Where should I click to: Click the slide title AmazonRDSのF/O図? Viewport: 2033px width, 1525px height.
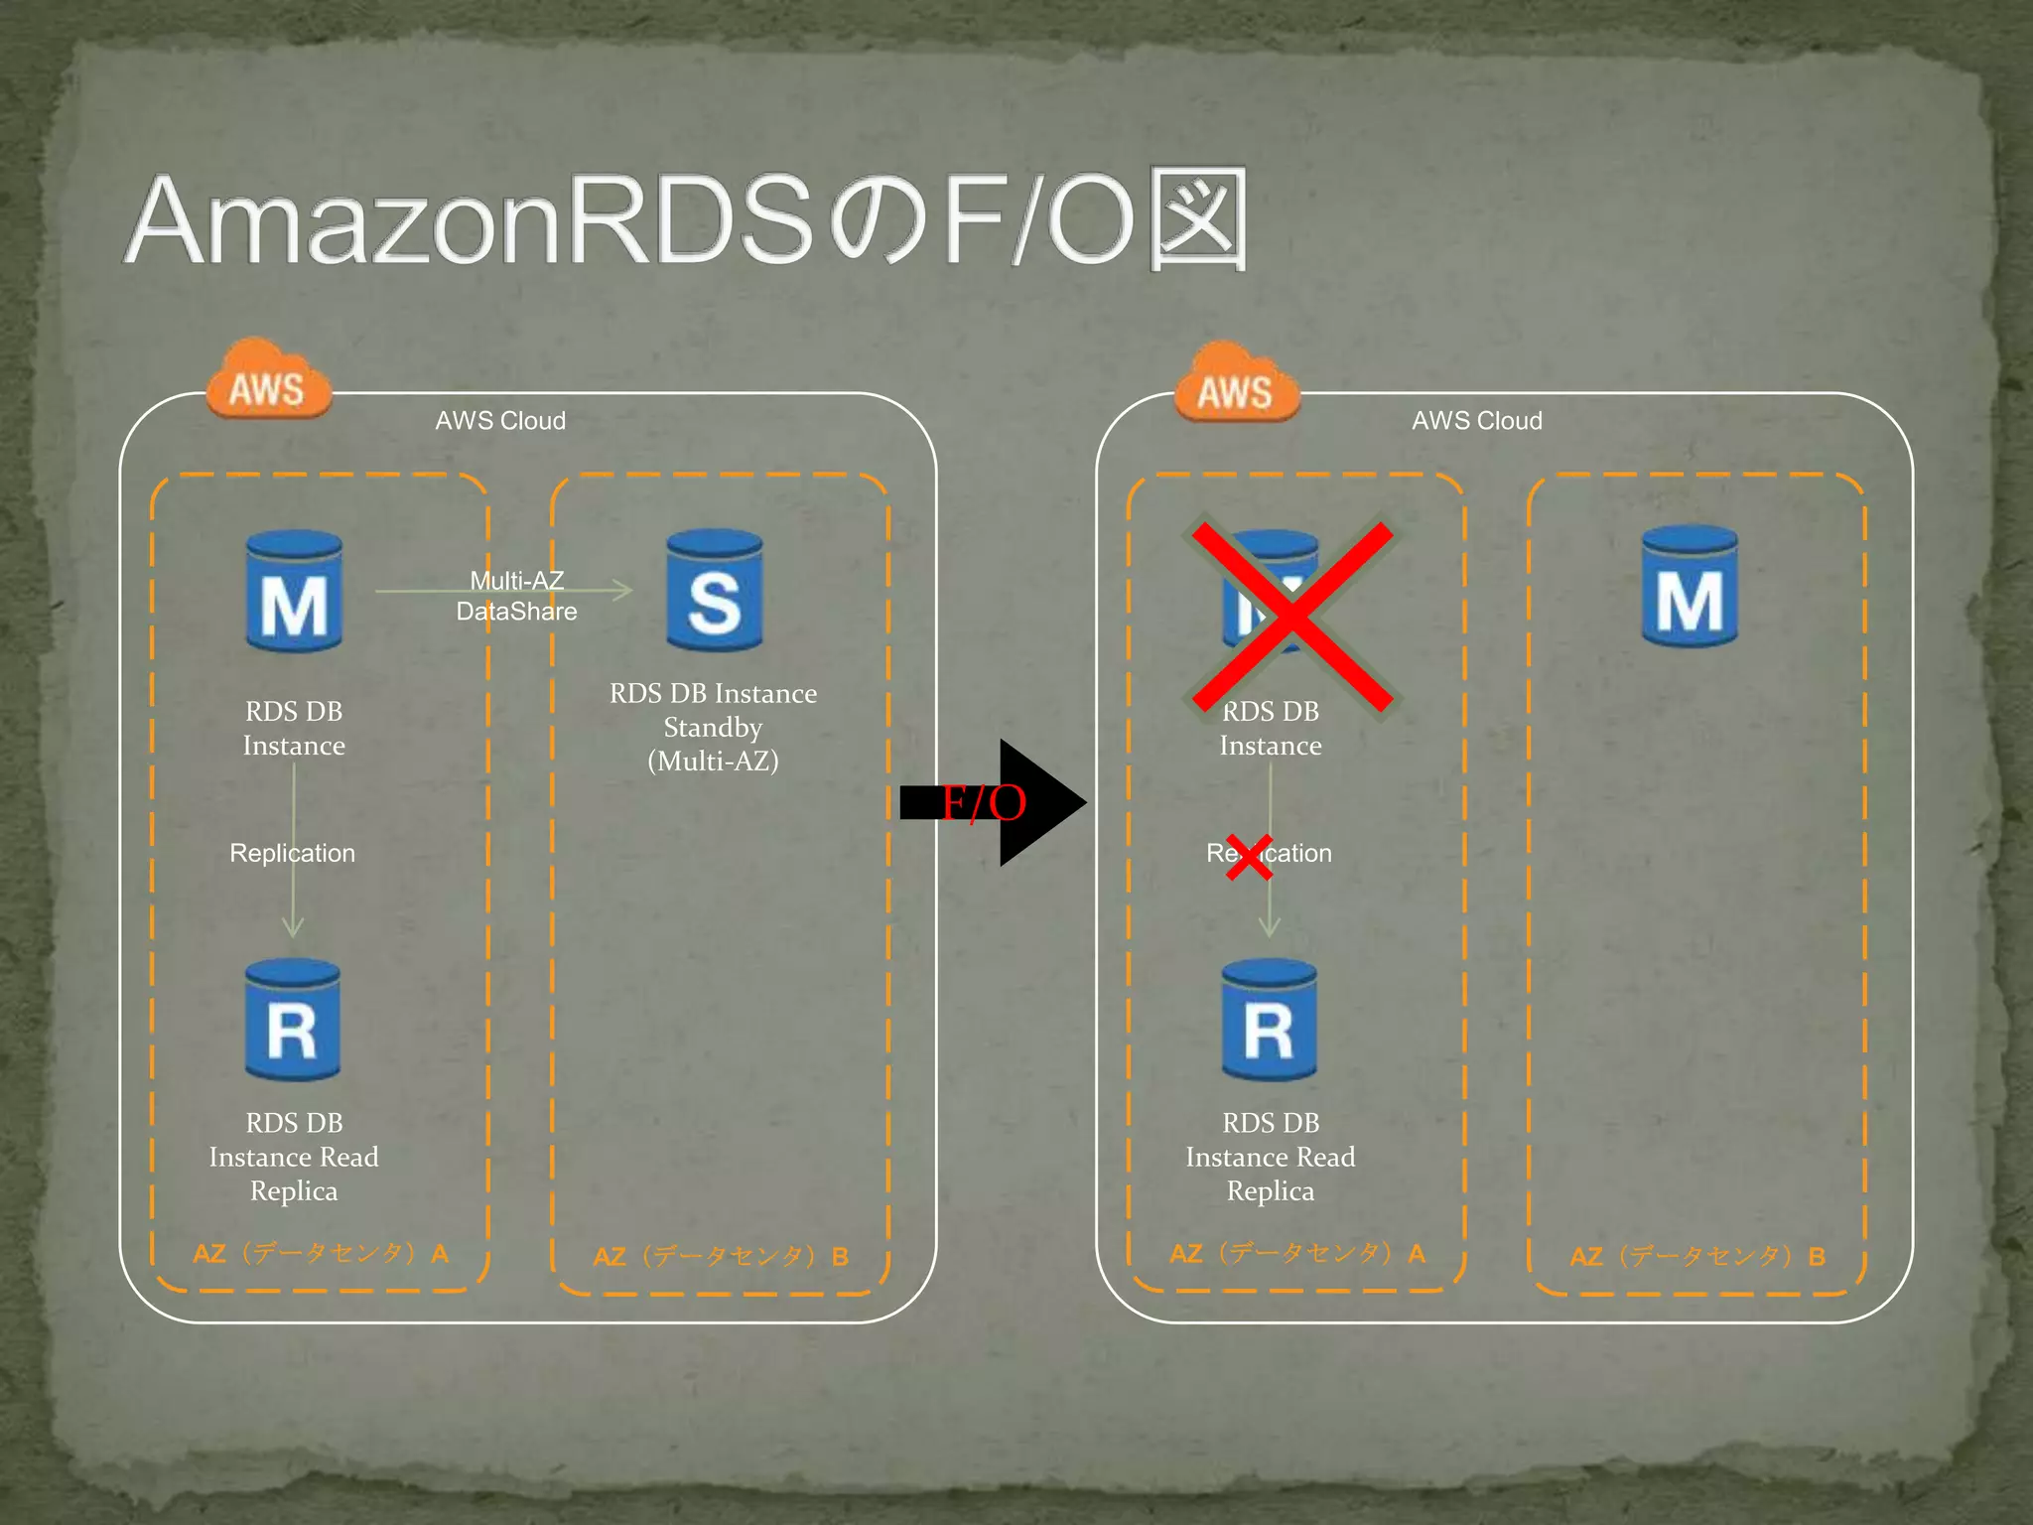(685, 220)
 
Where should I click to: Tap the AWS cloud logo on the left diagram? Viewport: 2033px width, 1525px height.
(267, 381)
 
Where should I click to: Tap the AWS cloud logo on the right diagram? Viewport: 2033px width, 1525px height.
(1236, 385)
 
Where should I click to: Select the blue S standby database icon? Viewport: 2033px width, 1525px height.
(714, 592)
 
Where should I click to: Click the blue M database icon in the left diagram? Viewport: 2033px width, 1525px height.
(294, 594)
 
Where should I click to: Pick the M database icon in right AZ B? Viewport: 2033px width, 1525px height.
(1690, 588)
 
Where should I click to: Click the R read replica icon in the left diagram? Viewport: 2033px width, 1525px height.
(293, 1021)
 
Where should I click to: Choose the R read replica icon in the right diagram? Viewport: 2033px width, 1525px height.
(1270, 1021)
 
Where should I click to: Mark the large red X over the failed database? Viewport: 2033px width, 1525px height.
(1291, 618)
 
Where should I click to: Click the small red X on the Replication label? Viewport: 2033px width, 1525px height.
(1249, 857)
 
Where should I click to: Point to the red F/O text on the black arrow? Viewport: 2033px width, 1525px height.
(983, 803)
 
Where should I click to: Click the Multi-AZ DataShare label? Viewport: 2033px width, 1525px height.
(516, 596)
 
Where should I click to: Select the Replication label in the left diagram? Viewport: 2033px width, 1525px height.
(292, 853)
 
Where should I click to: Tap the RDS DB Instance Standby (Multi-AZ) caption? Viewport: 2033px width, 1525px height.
(713, 727)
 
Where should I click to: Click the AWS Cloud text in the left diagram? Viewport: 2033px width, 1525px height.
(500, 421)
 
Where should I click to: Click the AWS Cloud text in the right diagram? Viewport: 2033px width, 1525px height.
(1477, 421)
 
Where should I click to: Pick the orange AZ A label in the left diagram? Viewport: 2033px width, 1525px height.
(321, 1253)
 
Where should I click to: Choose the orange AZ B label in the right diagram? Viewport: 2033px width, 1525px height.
(1697, 1257)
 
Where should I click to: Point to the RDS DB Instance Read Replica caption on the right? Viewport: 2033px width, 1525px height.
(1270, 1157)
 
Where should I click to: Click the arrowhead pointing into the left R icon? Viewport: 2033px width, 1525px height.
(293, 927)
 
